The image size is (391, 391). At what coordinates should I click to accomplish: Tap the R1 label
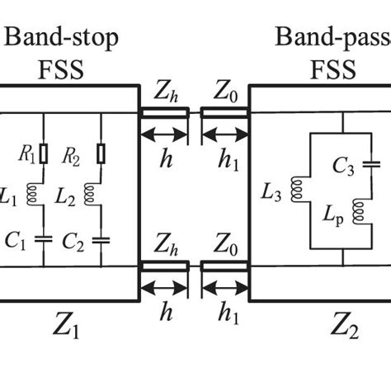click(26, 153)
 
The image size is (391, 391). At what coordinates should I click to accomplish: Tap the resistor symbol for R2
click(101, 153)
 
